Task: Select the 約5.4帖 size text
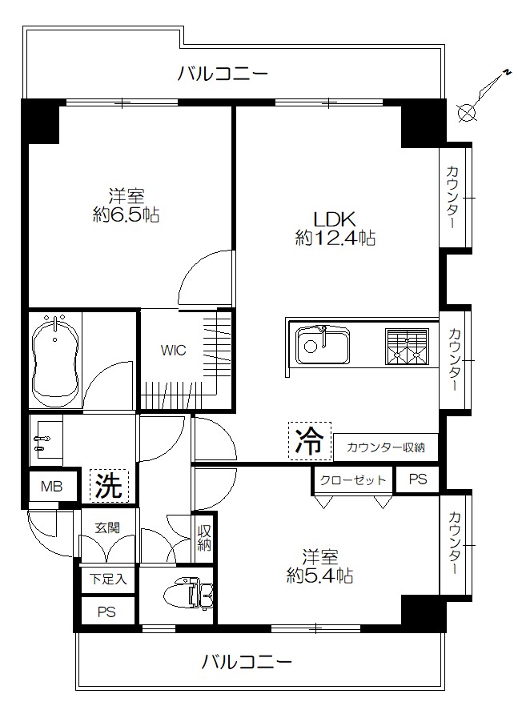pos(319,575)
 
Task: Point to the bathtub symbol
pos(55,361)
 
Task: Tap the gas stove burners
pos(408,346)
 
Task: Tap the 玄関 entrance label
pos(107,527)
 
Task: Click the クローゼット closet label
pos(353,480)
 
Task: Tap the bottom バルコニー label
pos(246,663)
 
